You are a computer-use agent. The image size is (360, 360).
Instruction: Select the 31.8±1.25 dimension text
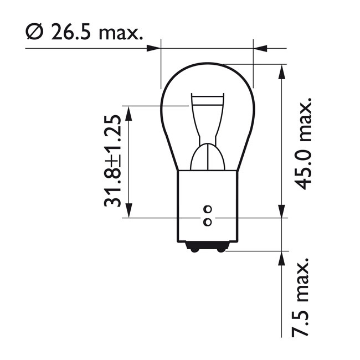click(x=113, y=161)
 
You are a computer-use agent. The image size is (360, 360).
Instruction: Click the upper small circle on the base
click(x=208, y=209)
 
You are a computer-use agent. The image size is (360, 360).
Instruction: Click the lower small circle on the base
click(x=208, y=222)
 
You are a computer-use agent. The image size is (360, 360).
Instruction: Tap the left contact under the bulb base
click(x=194, y=249)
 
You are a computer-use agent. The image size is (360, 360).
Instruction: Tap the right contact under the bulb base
click(x=221, y=249)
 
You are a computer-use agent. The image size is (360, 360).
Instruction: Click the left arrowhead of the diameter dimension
click(x=154, y=48)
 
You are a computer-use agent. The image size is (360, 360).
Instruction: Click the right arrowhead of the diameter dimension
click(x=260, y=48)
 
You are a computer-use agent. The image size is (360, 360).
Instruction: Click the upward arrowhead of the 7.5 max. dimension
click(x=282, y=258)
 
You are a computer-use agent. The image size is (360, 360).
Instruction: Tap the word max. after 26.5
click(x=120, y=34)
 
